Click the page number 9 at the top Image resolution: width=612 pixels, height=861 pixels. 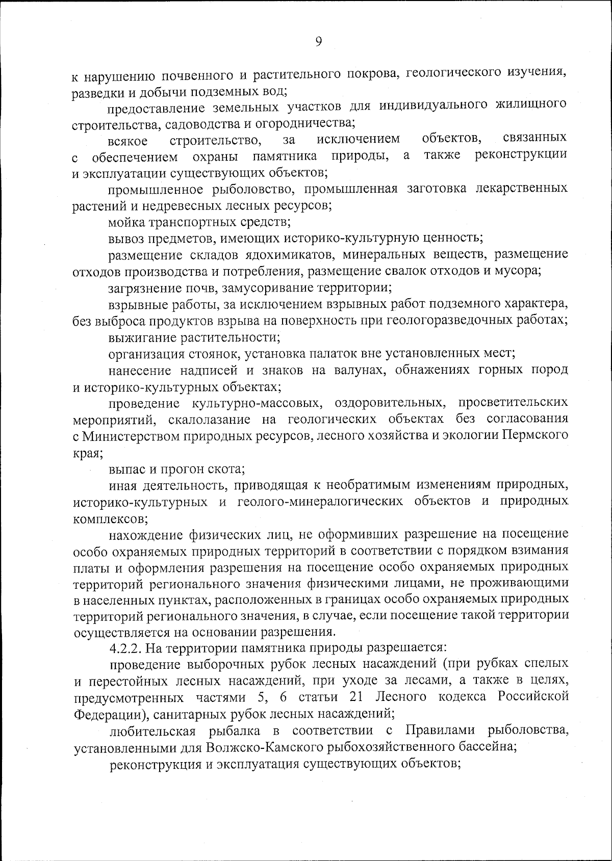pos(318,42)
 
